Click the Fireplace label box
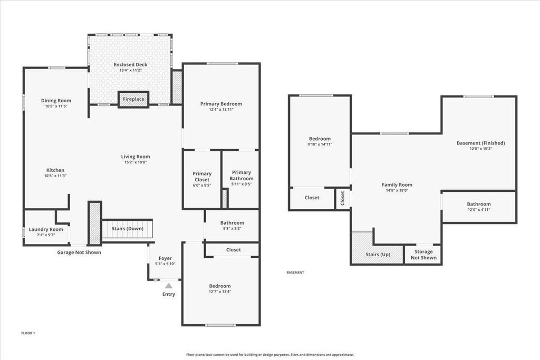click(x=133, y=99)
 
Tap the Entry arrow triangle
click(x=168, y=285)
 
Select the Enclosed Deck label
click(x=130, y=65)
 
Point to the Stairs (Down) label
click(x=128, y=228)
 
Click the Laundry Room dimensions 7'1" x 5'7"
click(x=46, y=235)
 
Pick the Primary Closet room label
click(x=202, y=177)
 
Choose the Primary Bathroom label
click(x=241, y=176)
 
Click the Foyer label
click(x=165, y=258)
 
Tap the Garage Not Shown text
click(x=79, y=252)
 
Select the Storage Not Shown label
click(x=423, y=255)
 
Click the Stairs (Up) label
click(x=378, y=255)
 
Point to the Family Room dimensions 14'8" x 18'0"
click(x=397, y=190)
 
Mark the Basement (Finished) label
click(x=480, y=143)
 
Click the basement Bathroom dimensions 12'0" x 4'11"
click(x=478, y=210)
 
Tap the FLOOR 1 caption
click(x=28, y=333)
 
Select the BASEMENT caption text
click(x=295, y=273)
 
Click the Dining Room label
click(x=56, y=101)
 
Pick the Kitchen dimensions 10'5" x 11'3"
click(x=55, y=176)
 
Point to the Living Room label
click(x=136, y=157)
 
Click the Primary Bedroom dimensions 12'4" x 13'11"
click(x=221, y=110)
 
